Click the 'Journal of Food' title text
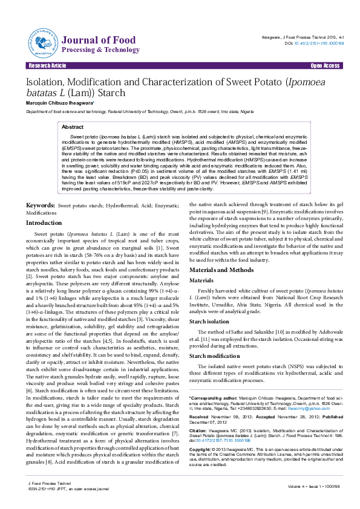(91, 40)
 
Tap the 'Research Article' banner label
(46, 65)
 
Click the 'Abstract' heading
(73, 128)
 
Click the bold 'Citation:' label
(199, 432)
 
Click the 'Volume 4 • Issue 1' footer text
(307, 487)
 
